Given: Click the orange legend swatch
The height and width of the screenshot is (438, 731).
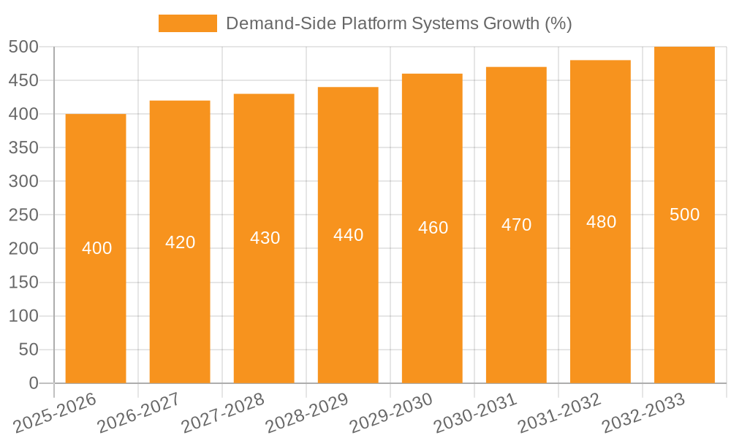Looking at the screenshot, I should (x=187, y=23).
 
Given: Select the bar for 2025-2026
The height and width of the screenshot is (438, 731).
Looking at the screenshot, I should (x=96, y=292).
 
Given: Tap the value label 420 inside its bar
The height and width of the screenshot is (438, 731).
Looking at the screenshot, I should (x=180, y=242).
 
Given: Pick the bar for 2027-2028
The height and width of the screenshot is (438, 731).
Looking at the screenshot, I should (x=264, y=307).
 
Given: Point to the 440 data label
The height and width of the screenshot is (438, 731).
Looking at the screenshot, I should (x=348, y=235).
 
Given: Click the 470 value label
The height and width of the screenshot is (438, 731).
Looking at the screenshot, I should (x=516, y=225).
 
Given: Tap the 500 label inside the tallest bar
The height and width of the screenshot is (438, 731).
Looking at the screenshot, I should (x=684, y=215).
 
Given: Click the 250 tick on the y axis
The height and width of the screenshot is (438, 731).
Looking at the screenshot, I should (x=23, y=215).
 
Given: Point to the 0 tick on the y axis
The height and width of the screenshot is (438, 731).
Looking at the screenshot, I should (x=33, y=383).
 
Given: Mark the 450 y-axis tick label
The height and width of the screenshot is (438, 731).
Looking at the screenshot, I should (x=23, y=80).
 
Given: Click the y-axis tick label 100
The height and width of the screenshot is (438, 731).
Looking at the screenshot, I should (x=23, y=316).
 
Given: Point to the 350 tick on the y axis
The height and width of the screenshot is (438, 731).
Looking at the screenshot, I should (x=23, y=147).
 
